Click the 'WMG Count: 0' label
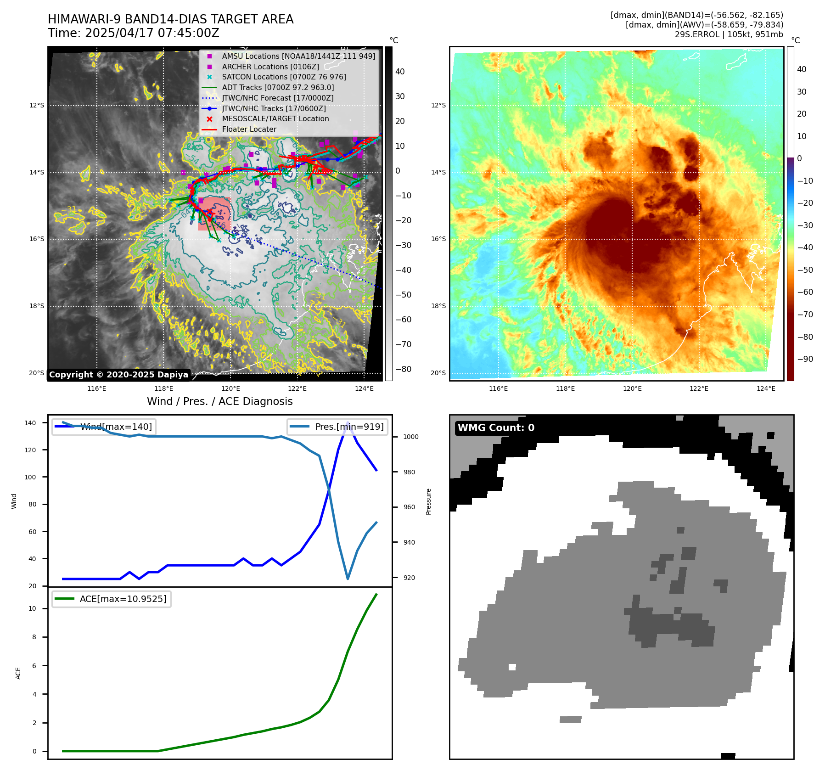pos(496,428)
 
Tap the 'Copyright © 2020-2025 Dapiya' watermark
pos(118,375)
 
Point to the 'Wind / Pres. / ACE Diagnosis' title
pos(219,402)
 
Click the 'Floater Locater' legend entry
pos(249,129)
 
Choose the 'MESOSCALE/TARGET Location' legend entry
pos(275,119)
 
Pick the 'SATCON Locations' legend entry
pos(284,77)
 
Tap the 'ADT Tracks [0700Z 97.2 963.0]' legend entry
pos(278,88)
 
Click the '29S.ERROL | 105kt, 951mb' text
pos(729,34)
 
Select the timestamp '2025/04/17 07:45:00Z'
pos(152,34)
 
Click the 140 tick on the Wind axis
pos(30,423)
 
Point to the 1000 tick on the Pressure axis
pos(411,437)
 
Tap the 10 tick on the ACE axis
pos(33,609)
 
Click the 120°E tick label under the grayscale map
pos(230,389)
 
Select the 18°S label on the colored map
pos(438,306)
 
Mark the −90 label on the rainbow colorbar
pos(805,359)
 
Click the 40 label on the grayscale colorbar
pos(400,72)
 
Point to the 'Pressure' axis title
pos(429,501)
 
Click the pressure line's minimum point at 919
pos(348,579)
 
